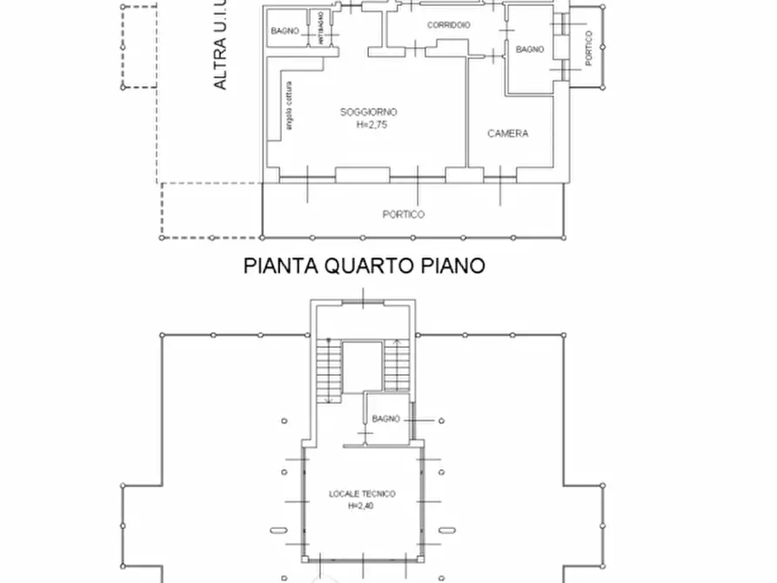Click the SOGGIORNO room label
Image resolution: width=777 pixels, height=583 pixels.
(368, 111)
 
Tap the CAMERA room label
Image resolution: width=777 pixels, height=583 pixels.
(507, 133)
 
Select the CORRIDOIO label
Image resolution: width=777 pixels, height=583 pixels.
(448, 25)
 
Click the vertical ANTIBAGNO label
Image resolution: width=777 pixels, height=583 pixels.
(321, 29)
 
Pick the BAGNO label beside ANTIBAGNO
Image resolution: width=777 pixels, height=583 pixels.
(285, 30)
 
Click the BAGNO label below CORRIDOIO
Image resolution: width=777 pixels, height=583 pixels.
(530, 50)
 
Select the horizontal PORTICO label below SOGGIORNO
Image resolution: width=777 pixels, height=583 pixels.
(404, 214)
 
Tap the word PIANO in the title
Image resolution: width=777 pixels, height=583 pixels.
(452, 265)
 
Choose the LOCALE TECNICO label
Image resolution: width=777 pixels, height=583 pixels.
(362, 493)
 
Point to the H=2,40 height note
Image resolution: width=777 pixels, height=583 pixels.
(362, 505)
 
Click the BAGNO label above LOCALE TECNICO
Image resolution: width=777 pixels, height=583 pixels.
(385, 419)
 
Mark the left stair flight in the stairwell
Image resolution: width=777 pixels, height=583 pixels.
(327, 370)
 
